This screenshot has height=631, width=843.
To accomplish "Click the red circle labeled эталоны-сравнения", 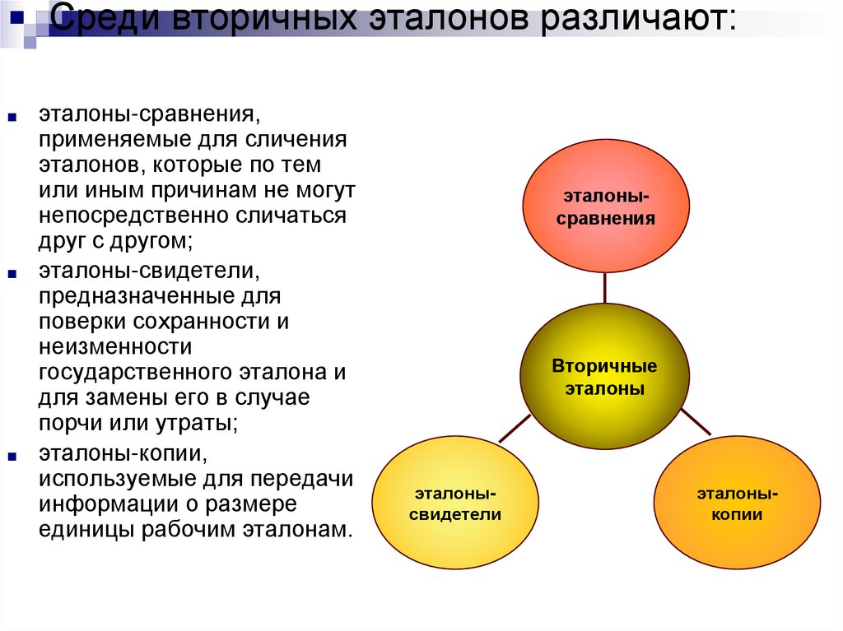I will (x=605, y=206).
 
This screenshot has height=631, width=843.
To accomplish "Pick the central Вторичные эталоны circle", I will (x=604, y=376).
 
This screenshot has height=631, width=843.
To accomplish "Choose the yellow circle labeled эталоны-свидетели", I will (x=455, y=503).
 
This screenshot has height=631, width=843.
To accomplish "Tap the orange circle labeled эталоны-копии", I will (x=738, y=503).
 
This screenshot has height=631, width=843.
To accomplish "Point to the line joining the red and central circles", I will (x=605, y=288).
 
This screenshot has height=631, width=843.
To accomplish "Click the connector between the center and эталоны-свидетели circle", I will (x=515, y=426).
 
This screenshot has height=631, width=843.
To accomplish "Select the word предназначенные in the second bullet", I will (x=132, y=295).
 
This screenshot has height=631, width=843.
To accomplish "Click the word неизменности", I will (x=115, y=346).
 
